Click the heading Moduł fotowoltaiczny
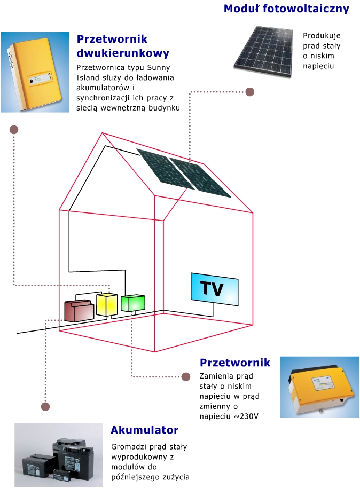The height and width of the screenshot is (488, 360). [286, 9]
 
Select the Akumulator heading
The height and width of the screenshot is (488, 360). [144, 430]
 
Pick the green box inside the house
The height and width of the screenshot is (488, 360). [132, 303]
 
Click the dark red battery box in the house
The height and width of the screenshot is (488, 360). [79, 310]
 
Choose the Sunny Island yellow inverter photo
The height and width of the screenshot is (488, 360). [35, 72]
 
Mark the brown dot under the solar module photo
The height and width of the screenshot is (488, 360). [249, 92]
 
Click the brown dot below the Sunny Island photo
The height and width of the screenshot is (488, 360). [14, 130]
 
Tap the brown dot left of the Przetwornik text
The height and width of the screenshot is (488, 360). [186, 376]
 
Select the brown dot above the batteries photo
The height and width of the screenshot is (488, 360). [46, 407]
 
